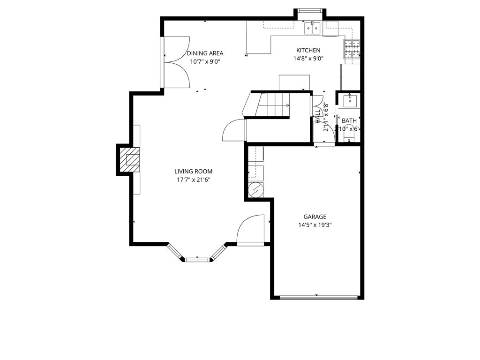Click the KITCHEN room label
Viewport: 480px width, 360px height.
pos(308,50)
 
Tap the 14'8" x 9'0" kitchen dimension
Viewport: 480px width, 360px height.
pos(308,59)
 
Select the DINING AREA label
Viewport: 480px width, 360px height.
pos(205,53)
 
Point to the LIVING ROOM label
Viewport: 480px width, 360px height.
pos(193,172)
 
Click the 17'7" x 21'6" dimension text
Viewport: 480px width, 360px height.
pos(193,180)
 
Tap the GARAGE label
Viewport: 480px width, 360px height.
pos(315,217)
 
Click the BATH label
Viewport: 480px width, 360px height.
pos(349,121)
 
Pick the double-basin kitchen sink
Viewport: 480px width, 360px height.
pos(313,29)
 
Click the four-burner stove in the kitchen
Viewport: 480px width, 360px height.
pos(352,49)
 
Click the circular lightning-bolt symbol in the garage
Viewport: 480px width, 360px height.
pos(256,189)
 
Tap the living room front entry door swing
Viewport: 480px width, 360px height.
pos(251,230)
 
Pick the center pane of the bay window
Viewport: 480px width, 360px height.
pos(197,258)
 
